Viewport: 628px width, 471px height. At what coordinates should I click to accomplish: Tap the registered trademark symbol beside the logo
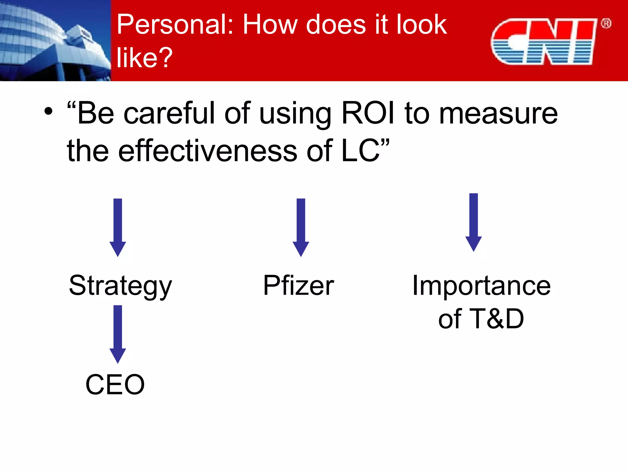[606, 24]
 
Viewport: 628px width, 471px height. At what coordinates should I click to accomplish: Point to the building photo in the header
[55, 40]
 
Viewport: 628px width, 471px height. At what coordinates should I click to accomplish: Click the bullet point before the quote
[48, 111]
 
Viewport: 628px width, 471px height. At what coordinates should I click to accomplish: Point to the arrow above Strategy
[118, 227]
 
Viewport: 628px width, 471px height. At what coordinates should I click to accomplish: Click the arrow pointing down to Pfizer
[301, 227]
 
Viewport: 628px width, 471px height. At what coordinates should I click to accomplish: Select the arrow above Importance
[473, 222]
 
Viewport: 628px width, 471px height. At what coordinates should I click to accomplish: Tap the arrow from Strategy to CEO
[118, 334]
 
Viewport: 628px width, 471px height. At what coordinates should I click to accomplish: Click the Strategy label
[121, 286]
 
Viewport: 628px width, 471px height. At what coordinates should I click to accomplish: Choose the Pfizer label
[299, 285]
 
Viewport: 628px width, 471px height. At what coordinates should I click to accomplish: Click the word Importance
[481, 285]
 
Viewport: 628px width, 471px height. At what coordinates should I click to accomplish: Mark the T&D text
[496, 319]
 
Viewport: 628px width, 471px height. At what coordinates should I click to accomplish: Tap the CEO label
[115, 385]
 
